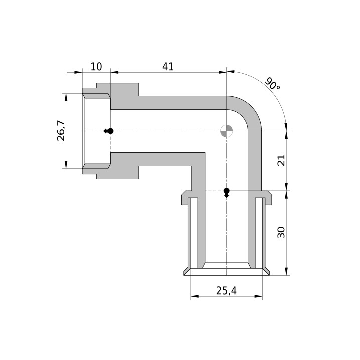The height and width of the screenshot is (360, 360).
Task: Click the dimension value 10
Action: click(96, 67)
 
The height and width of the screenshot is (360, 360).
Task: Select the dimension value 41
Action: click(168, 67)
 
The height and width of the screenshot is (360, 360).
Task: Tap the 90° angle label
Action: click(273, 84)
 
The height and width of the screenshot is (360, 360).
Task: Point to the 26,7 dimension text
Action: click(61, 131)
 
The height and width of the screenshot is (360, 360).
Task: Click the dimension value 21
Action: click(281, 160)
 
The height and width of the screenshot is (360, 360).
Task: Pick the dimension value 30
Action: click(281, 233)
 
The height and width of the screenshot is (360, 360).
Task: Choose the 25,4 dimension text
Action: click(226, 291)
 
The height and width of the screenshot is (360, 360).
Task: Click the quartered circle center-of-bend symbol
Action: click(226, 131)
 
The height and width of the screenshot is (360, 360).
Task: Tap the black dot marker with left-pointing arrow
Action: click(109, 131)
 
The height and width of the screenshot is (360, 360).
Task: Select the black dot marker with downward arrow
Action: click(226, 193)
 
